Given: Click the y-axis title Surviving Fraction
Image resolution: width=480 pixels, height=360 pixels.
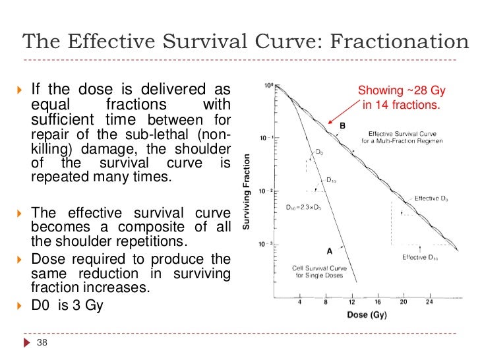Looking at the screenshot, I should (246, 191).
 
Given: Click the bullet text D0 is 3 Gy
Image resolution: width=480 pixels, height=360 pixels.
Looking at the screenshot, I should (67, 306).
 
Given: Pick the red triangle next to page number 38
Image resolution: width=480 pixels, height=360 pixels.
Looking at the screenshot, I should (26, 342).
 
